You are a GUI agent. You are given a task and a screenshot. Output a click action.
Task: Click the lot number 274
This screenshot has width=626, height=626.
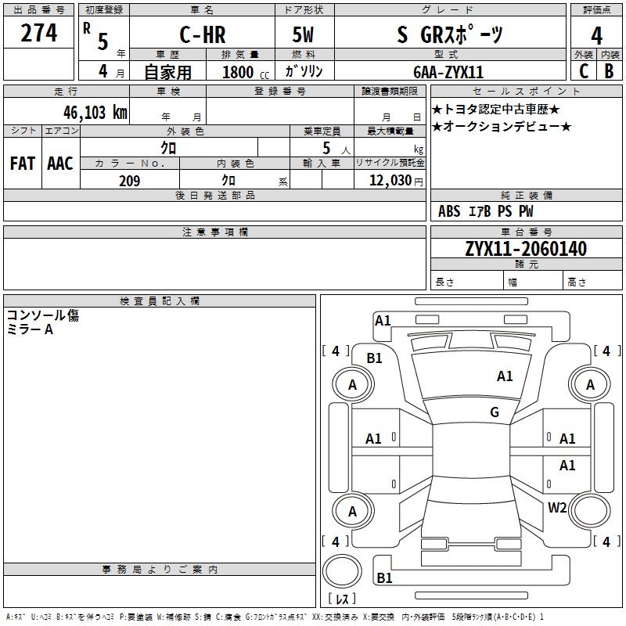[x=39, y=33]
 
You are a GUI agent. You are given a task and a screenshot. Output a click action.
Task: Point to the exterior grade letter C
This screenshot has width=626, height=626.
[x=583, y=70]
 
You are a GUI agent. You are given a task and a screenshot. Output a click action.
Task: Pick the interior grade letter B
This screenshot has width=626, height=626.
[x=609, y=70]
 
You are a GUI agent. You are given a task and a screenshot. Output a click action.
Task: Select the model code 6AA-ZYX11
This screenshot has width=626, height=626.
[x=448, y=72]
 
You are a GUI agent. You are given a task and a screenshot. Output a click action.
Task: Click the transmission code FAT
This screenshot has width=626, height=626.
[x=22, y=164]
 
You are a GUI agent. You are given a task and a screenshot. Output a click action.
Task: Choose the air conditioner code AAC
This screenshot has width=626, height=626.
[x=59, y=164]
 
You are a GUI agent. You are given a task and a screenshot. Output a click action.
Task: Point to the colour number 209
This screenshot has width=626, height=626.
[x=129, y=181]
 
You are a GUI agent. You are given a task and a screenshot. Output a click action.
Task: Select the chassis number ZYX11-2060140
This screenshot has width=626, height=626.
[x=526, y=250]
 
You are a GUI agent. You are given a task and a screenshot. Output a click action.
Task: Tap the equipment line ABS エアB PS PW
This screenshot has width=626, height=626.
[x=486, y=211]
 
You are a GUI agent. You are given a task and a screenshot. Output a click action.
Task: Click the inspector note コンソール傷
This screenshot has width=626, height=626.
[x=43, y=315]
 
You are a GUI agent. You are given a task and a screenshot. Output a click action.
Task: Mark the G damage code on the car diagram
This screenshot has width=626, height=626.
[x=494, y=412]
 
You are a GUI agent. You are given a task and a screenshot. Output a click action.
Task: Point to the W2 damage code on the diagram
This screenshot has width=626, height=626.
[x=557, y=507]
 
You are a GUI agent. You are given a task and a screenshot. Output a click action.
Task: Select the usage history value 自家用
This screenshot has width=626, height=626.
[x=167, y=72]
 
